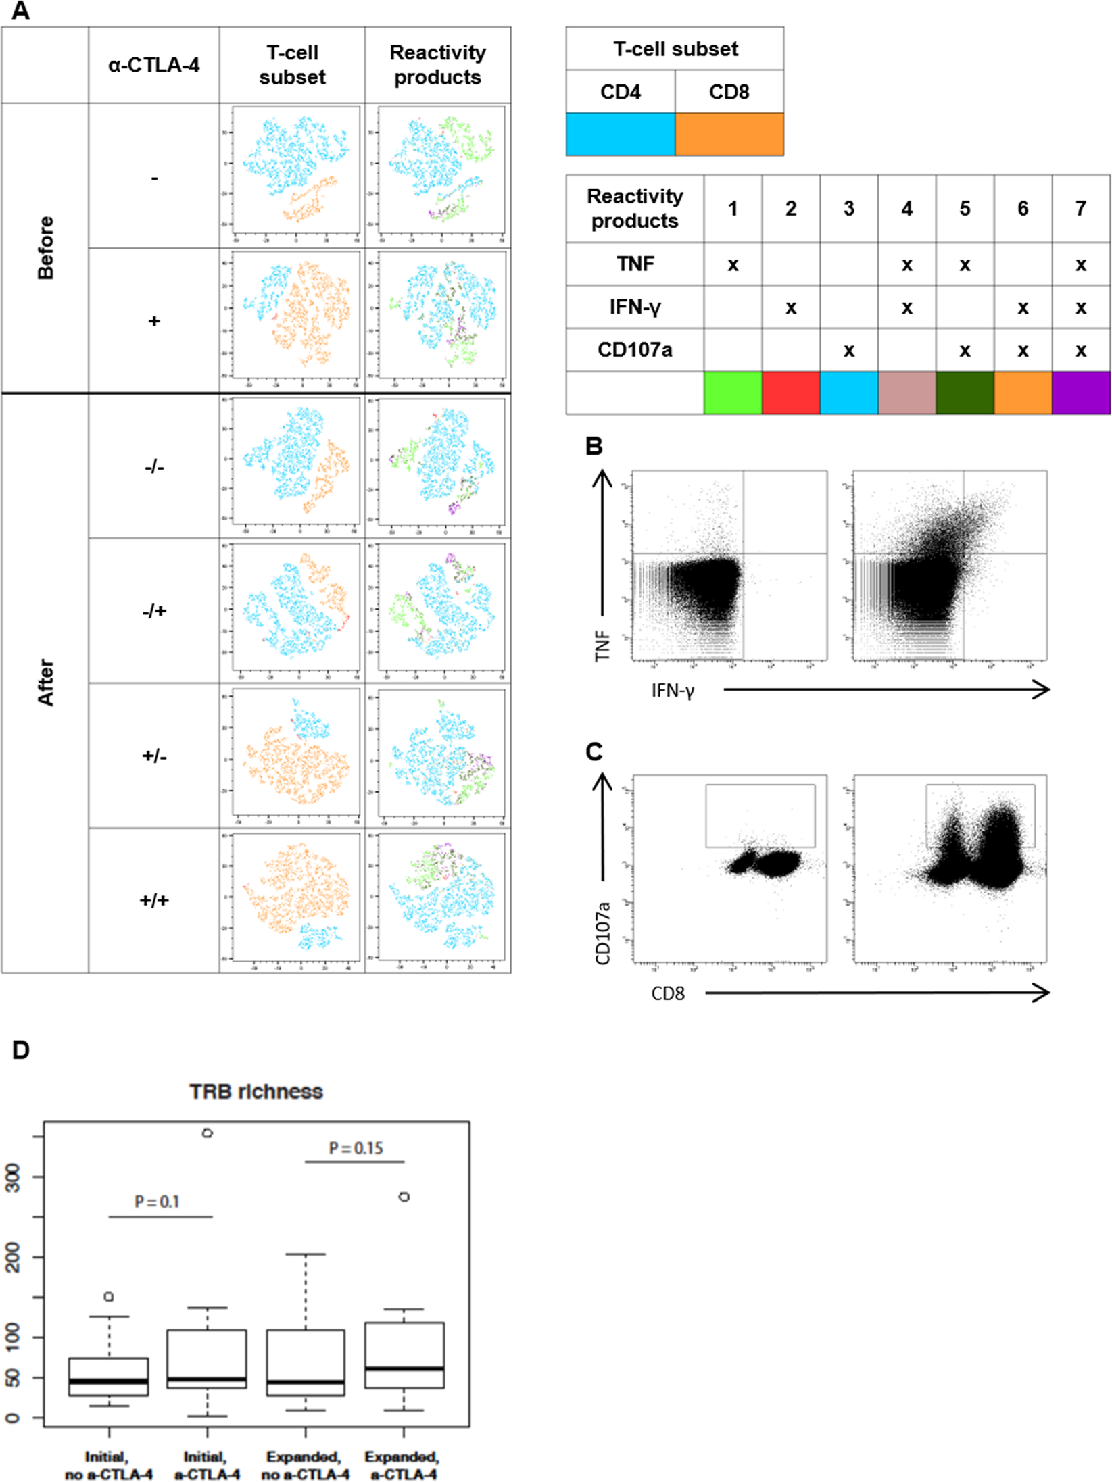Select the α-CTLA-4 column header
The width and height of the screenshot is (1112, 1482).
click(x=153, y=65)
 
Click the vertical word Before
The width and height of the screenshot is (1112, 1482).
click(x=45, y=247)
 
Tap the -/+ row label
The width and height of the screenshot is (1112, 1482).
click(x=154, y=610)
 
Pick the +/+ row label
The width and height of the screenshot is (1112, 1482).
click(x=154, y=899)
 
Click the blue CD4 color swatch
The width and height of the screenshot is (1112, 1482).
click(x=620, y=134)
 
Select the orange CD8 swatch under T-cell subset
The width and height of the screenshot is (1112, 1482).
click(x=729, y=134)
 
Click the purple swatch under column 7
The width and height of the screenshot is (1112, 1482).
click(x=1080, y=392)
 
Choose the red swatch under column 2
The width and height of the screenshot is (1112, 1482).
click(x=790, y=392)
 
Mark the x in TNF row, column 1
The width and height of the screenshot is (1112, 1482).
click(x=733, y=264)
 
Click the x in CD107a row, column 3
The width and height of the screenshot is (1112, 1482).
click(x=848, y=350)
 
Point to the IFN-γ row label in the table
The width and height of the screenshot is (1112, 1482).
click(x=635, y=307)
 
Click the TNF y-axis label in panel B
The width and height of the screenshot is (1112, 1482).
click(x=602, y=645)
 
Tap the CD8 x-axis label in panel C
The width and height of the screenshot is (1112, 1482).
click(x=667, y=993)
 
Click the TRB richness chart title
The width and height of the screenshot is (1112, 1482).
click(x=256, y=1091)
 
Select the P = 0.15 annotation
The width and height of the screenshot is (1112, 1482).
click(x=356, y=1148)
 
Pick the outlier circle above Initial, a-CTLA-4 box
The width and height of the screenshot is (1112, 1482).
click(x=208, y=1133)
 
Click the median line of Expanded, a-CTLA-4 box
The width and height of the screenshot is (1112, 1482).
click(x=404, y=1368)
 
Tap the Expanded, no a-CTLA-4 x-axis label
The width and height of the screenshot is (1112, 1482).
click(x=305, y=1465)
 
